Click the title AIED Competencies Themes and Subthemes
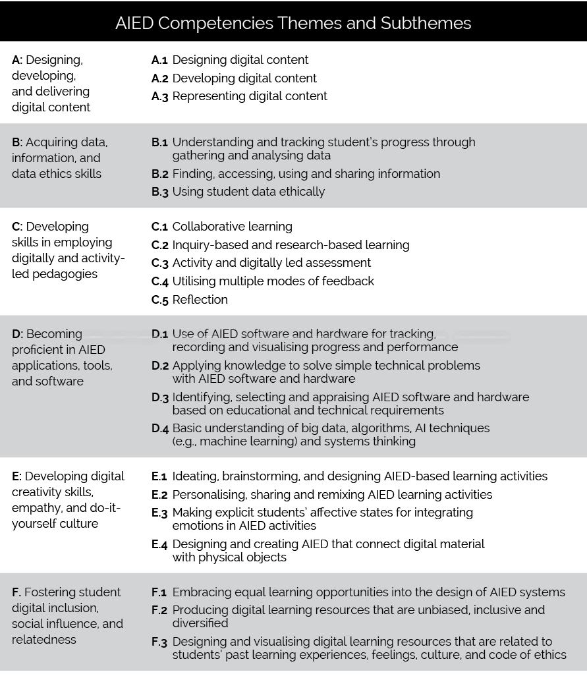click(293, 23)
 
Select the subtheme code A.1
click(159, 60)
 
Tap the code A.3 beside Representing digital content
click(159, 96)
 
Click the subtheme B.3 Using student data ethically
click(248, 192)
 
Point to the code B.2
click(160, 174)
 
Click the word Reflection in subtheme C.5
click(200, 300)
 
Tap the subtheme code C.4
click(160, 281)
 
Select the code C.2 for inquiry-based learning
click(160, 245)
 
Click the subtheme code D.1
click(160, 334)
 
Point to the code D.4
click(160, 428)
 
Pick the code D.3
click(160, 397)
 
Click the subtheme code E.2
click(159, 495)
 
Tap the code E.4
click(159, 544)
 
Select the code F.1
click(159, 592)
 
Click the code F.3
click(159, 642)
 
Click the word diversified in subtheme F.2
click(200, 623)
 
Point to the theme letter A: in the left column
click(17, 60)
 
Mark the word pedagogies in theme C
click(65, 274)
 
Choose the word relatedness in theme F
click(44, 640)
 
